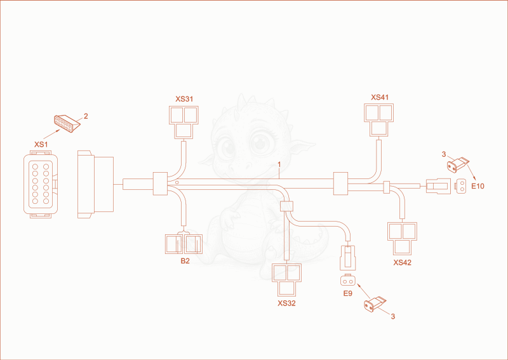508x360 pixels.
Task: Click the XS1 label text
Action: (x=41, y=145)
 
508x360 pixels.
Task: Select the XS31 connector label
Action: (x=184, y=99)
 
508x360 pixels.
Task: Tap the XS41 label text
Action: (x=380, y=98)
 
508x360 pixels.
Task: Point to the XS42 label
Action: (x=402, y=263)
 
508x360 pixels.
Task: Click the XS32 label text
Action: (x=286, y=303)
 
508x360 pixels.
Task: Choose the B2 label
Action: (x=185, y=261)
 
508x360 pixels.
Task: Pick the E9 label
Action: (x=347, y=293)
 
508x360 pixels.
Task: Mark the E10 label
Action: (x=478, y=186)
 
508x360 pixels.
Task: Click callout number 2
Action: (x=86, y=116)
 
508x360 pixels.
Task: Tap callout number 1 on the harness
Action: (x=279, y=165)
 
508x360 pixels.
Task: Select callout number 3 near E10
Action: (x=444, y=154)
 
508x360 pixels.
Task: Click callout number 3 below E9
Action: (x=392, y=317)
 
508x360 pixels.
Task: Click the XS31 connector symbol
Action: (x=184, y=123)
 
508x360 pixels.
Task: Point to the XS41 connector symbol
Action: (x=378, y=120)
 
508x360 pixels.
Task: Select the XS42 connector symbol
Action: (x=402, y=239)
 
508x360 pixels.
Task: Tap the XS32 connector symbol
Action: (x=287, y=279)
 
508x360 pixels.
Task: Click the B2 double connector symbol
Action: (x=184, y=244)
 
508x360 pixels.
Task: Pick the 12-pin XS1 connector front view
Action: (x=41, y=184)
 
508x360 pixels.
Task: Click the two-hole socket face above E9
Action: (x=347, y=281)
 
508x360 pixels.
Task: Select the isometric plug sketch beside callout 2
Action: (x=67, y=123)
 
